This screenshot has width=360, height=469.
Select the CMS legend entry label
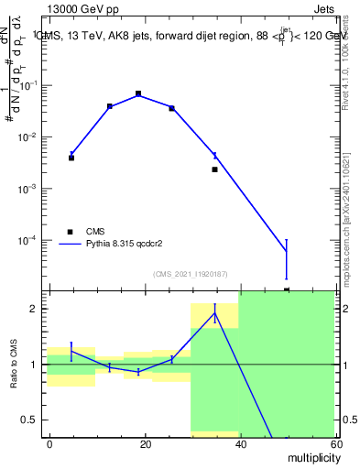(96, 232)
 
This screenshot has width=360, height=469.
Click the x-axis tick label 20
(145, 443)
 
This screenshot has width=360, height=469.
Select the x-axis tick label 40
(239, 443)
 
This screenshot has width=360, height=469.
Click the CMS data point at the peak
(138, 93)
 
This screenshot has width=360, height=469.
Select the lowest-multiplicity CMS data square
(71, 158)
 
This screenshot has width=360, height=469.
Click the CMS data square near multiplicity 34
(214, 169)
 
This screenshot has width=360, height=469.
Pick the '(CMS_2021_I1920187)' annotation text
(190, 274)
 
